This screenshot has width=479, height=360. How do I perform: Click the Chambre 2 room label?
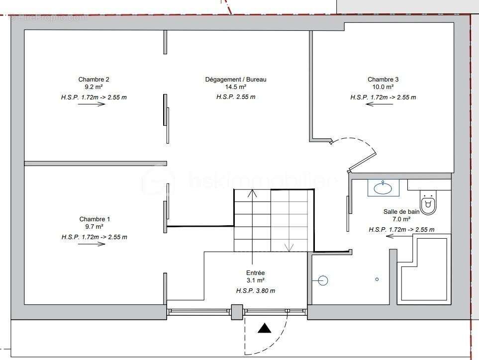[x=94, y=80]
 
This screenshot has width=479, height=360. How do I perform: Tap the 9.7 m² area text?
[x=95, y=228]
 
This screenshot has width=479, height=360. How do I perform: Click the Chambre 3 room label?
[x=383, y=80]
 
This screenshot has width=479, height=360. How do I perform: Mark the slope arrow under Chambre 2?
[x=92, y=104]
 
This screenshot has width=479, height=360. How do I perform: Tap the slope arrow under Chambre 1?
[x=92, y=244]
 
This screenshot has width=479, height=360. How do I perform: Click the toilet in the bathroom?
[x=428, y=203]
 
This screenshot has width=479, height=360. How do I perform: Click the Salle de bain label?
[x=401, y=211]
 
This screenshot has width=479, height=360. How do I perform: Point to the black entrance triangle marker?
[x=264, y=328]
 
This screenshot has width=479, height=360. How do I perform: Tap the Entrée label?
[x=256, y=273]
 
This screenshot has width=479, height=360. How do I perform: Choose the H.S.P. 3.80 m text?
[x=256, y=290]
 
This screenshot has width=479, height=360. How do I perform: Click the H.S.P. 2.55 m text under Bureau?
[x=236, y=97]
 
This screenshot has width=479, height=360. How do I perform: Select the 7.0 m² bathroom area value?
[x=401, y=219]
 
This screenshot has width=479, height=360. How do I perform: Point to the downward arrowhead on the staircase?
[x=288, y=247]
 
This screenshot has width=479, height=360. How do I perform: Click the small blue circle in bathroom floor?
[x=377, y=279]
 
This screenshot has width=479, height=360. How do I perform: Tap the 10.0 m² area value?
[x=383, y=88]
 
